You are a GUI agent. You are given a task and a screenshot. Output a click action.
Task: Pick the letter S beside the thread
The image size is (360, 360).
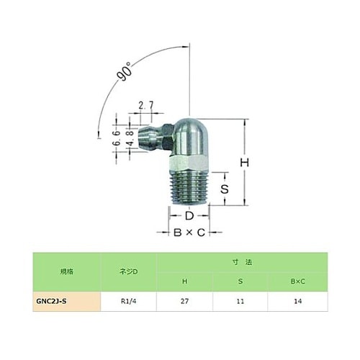click(225, 189)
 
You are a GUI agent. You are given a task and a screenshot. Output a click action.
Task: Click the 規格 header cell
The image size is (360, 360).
click(66, 272)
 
